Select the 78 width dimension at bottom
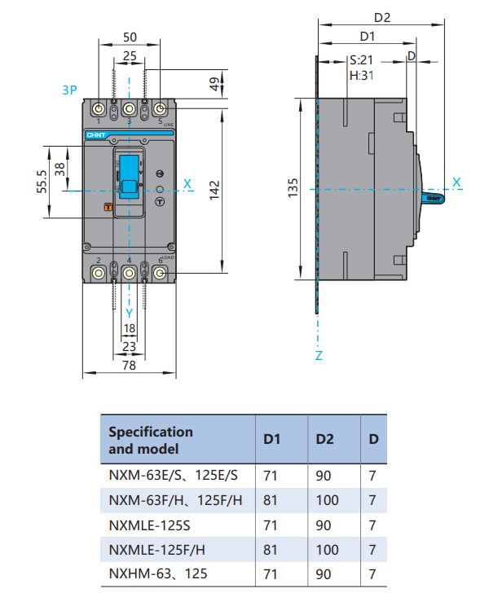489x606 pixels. [129, 367]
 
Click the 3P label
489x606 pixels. [70, 90]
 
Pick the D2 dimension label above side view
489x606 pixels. [382, 16]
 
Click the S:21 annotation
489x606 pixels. [361, 60]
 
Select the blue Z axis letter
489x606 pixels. [319, 356]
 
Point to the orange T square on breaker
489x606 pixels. [107, 207]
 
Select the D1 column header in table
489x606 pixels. [271, 439]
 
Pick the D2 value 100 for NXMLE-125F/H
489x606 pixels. [326, 549]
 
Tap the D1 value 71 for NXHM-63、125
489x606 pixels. [271, 574]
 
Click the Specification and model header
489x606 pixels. [151, 440]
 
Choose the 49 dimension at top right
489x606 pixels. [215, 84]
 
